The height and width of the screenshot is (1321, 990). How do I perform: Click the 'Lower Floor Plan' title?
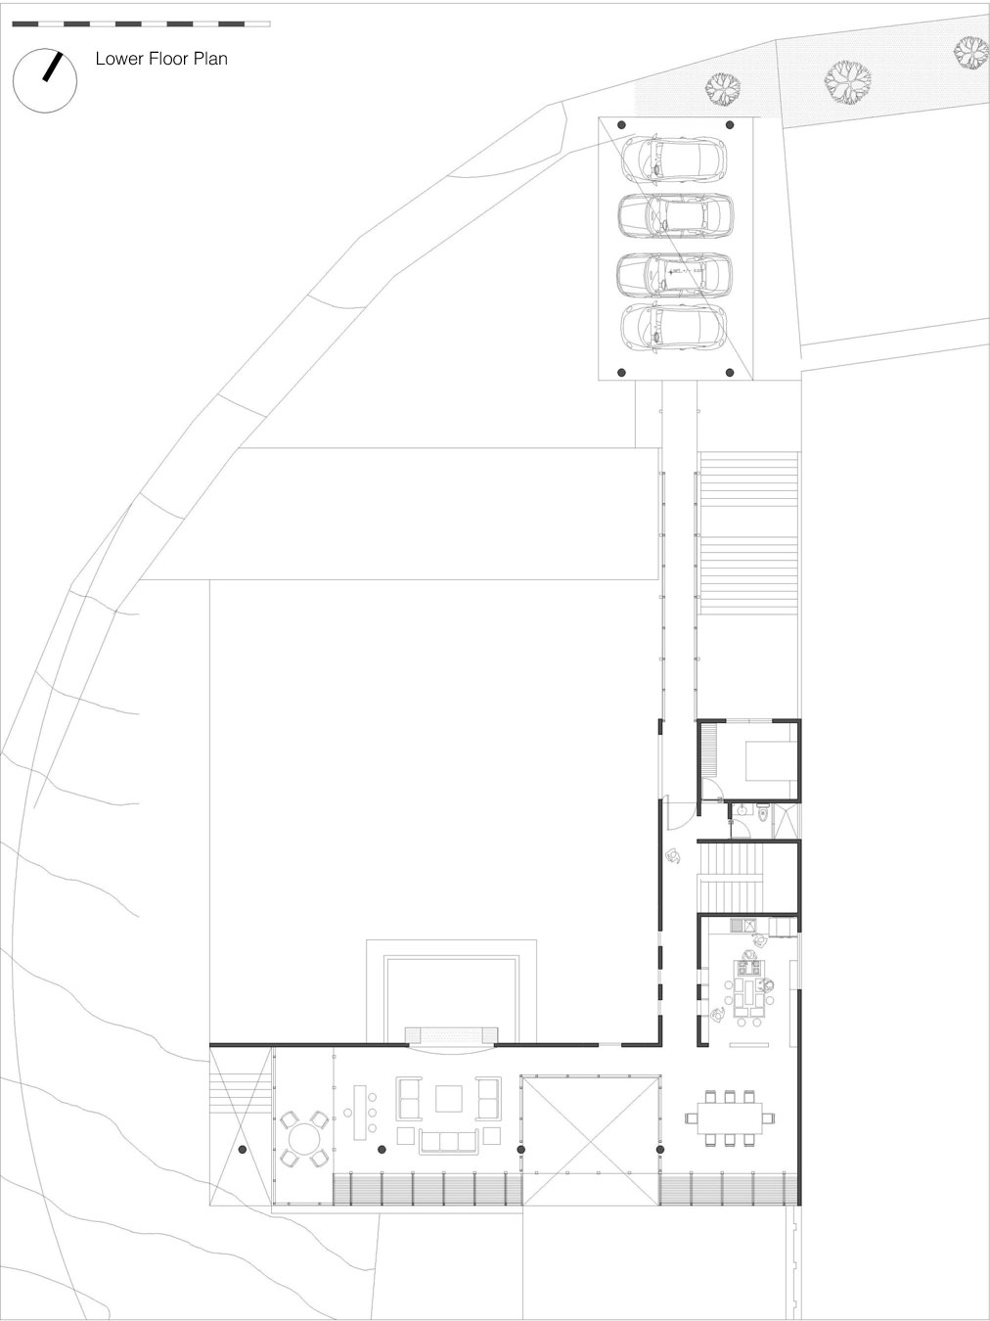point(161,59)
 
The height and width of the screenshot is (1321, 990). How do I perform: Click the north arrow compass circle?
point(45,80)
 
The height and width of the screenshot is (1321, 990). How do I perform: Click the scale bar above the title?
point(141,24)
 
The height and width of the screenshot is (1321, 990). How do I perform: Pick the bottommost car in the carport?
point(674,328)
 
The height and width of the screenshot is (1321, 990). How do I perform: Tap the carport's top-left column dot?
point(622,125)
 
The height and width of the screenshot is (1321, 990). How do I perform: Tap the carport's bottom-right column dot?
point(730,373)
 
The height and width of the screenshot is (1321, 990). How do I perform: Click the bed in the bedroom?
point(772,761)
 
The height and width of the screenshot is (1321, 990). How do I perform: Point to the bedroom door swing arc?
point(713,787)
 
